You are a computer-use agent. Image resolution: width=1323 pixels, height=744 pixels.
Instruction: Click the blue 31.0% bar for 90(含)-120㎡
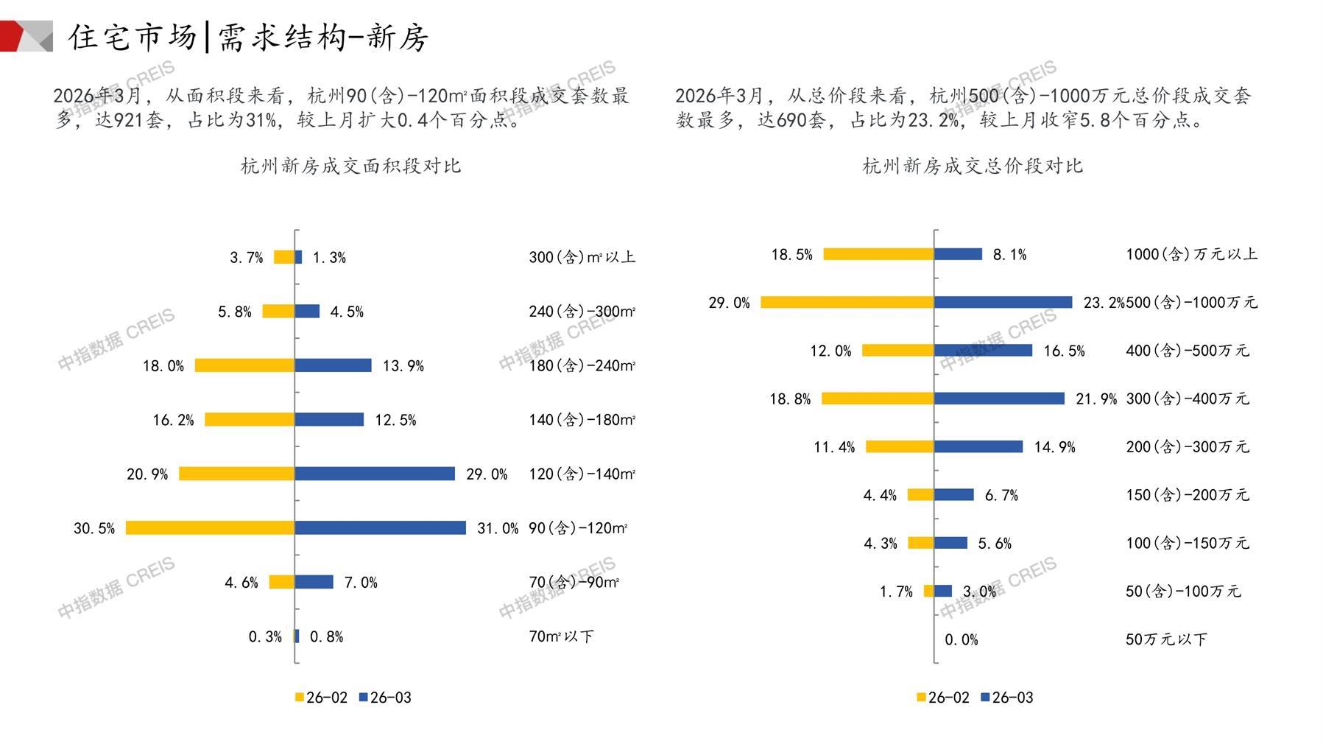380,528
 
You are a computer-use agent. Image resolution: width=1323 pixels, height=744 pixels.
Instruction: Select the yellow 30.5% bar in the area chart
210,528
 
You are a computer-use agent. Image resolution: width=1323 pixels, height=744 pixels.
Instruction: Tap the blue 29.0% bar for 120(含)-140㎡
375,474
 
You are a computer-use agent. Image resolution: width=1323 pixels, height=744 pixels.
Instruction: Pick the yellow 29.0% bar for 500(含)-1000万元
847,302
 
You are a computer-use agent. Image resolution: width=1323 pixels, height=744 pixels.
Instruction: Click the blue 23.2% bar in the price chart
1003,302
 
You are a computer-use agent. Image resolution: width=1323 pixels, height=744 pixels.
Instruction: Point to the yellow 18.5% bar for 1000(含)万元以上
878,254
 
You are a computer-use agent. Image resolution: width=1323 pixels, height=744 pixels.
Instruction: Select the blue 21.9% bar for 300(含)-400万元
999,399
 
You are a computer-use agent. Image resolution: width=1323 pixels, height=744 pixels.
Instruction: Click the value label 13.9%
403,366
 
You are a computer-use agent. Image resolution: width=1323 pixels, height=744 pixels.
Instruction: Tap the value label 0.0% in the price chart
961,640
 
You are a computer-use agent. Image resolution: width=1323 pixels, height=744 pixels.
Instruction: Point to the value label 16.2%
173,420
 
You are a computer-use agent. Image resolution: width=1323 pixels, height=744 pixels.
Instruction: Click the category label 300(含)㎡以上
582,257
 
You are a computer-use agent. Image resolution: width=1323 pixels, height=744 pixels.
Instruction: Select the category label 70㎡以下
561,636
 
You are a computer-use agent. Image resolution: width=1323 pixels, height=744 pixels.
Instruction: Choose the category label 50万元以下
1166,639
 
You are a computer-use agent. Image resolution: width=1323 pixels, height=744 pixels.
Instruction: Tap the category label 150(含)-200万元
1187,495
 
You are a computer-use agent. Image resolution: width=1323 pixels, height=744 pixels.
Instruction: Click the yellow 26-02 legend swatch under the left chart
300,698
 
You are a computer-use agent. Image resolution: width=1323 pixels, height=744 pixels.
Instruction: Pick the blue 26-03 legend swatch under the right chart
985,698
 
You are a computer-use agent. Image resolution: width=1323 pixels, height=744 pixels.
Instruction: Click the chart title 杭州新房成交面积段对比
350,166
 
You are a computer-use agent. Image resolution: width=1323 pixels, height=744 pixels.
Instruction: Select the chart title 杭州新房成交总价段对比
973,166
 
